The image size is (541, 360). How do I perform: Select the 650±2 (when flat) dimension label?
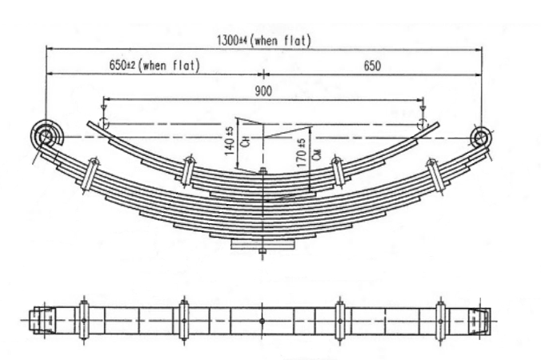153,65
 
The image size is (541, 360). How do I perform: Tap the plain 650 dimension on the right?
372,66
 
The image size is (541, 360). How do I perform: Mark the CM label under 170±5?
317,156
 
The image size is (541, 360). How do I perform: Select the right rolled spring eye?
480,137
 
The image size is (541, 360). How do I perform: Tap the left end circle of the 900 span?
102,123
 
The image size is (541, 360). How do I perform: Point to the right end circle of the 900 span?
423,123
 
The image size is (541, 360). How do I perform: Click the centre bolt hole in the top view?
262,319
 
